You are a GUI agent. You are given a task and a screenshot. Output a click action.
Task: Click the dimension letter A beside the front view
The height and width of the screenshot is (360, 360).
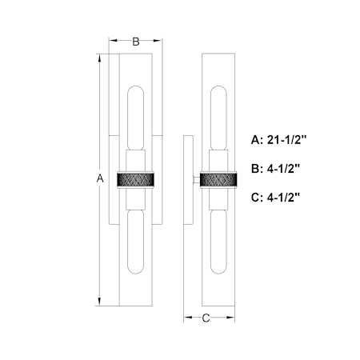[100, 178]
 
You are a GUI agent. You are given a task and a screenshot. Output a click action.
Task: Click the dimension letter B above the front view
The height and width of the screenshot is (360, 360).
[136, 42]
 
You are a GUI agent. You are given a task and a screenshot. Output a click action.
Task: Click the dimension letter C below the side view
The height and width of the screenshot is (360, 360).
[206, 318]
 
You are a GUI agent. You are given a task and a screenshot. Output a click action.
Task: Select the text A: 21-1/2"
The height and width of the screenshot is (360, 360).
[279, 140]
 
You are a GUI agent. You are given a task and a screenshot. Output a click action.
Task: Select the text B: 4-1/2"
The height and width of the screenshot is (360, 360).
[275, 169]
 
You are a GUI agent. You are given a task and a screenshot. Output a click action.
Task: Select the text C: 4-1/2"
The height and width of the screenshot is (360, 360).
[275, 198]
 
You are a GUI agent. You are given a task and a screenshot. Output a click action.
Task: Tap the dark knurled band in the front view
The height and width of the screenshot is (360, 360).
[135, 179]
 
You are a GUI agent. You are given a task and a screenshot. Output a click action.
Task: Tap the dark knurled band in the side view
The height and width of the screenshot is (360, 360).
[218, 179]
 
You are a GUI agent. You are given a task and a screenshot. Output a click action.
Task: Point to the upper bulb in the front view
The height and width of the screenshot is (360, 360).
[136, 118]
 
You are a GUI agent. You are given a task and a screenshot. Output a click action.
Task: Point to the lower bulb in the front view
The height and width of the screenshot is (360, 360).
[136, 242]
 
